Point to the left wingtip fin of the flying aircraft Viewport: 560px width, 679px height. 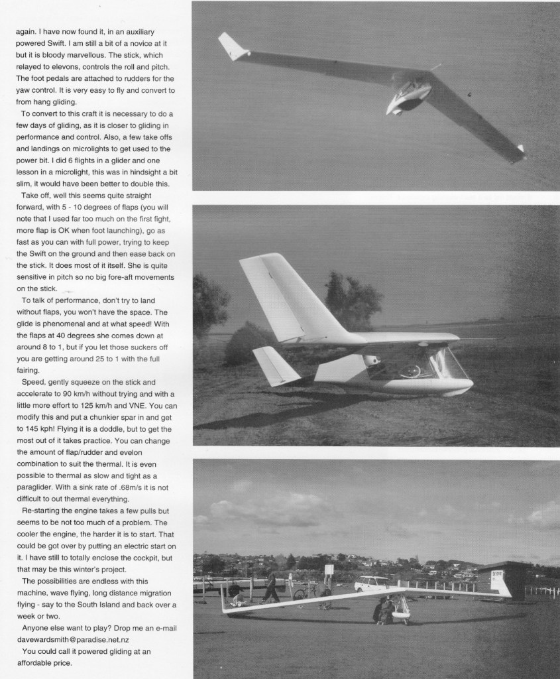[x=233, y=47]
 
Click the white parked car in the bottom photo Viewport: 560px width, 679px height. [x=371, y=584]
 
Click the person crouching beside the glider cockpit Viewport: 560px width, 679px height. [x=383, y=611]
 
